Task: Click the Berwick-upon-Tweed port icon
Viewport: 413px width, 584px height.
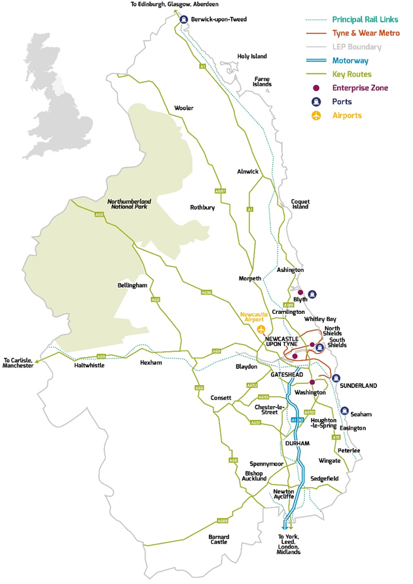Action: click(185, 20)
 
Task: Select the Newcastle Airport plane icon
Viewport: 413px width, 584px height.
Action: click(262, 328)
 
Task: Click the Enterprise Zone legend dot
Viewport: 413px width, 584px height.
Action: click(317, 88)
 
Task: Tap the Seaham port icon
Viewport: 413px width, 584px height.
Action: click(344, 411)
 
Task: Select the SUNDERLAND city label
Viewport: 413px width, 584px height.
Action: click(359, 386)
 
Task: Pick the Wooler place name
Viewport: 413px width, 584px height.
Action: click(183, 108)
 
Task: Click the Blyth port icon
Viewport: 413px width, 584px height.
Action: click(312, 294)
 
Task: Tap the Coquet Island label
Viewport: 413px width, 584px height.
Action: click(300, 204)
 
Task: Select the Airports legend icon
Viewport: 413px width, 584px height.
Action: click(317, 116)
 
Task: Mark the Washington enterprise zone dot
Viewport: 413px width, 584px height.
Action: click(312, 382)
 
